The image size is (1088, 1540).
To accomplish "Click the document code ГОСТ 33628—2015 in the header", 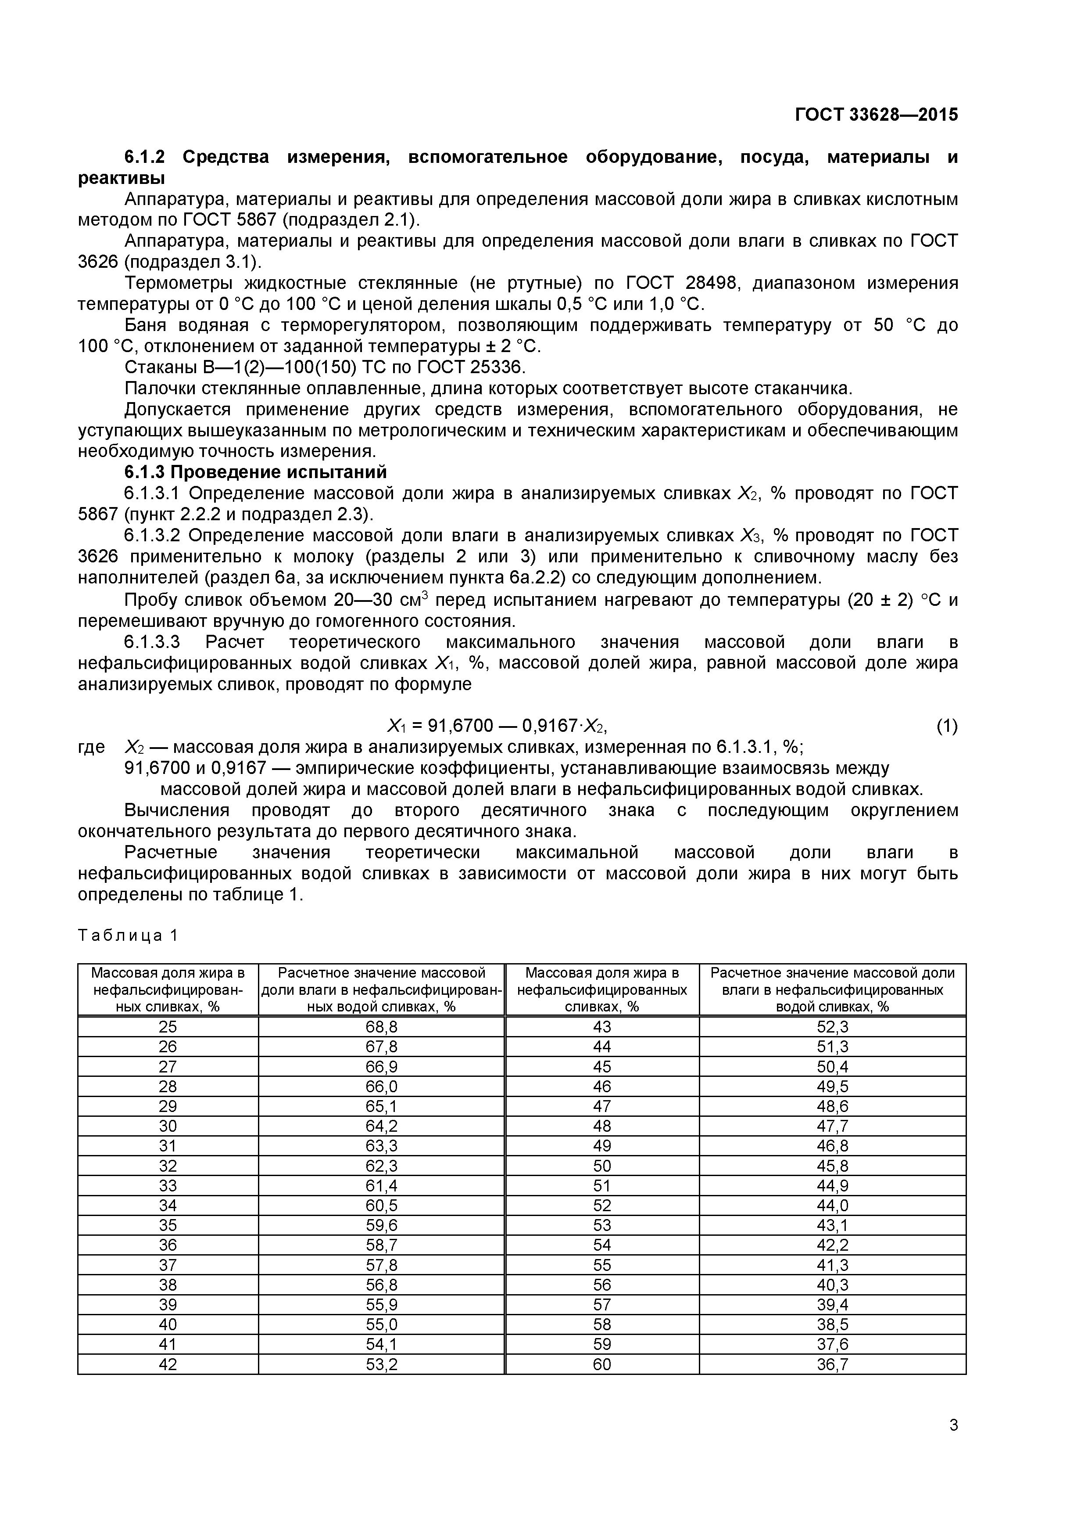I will click(876, 115).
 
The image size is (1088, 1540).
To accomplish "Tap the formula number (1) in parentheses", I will click(947, 726).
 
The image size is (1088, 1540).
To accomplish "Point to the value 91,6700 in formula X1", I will click(461, 726).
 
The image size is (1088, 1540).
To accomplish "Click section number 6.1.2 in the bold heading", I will click(144, 157).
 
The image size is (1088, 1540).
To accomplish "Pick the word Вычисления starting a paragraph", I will click(177, 810).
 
